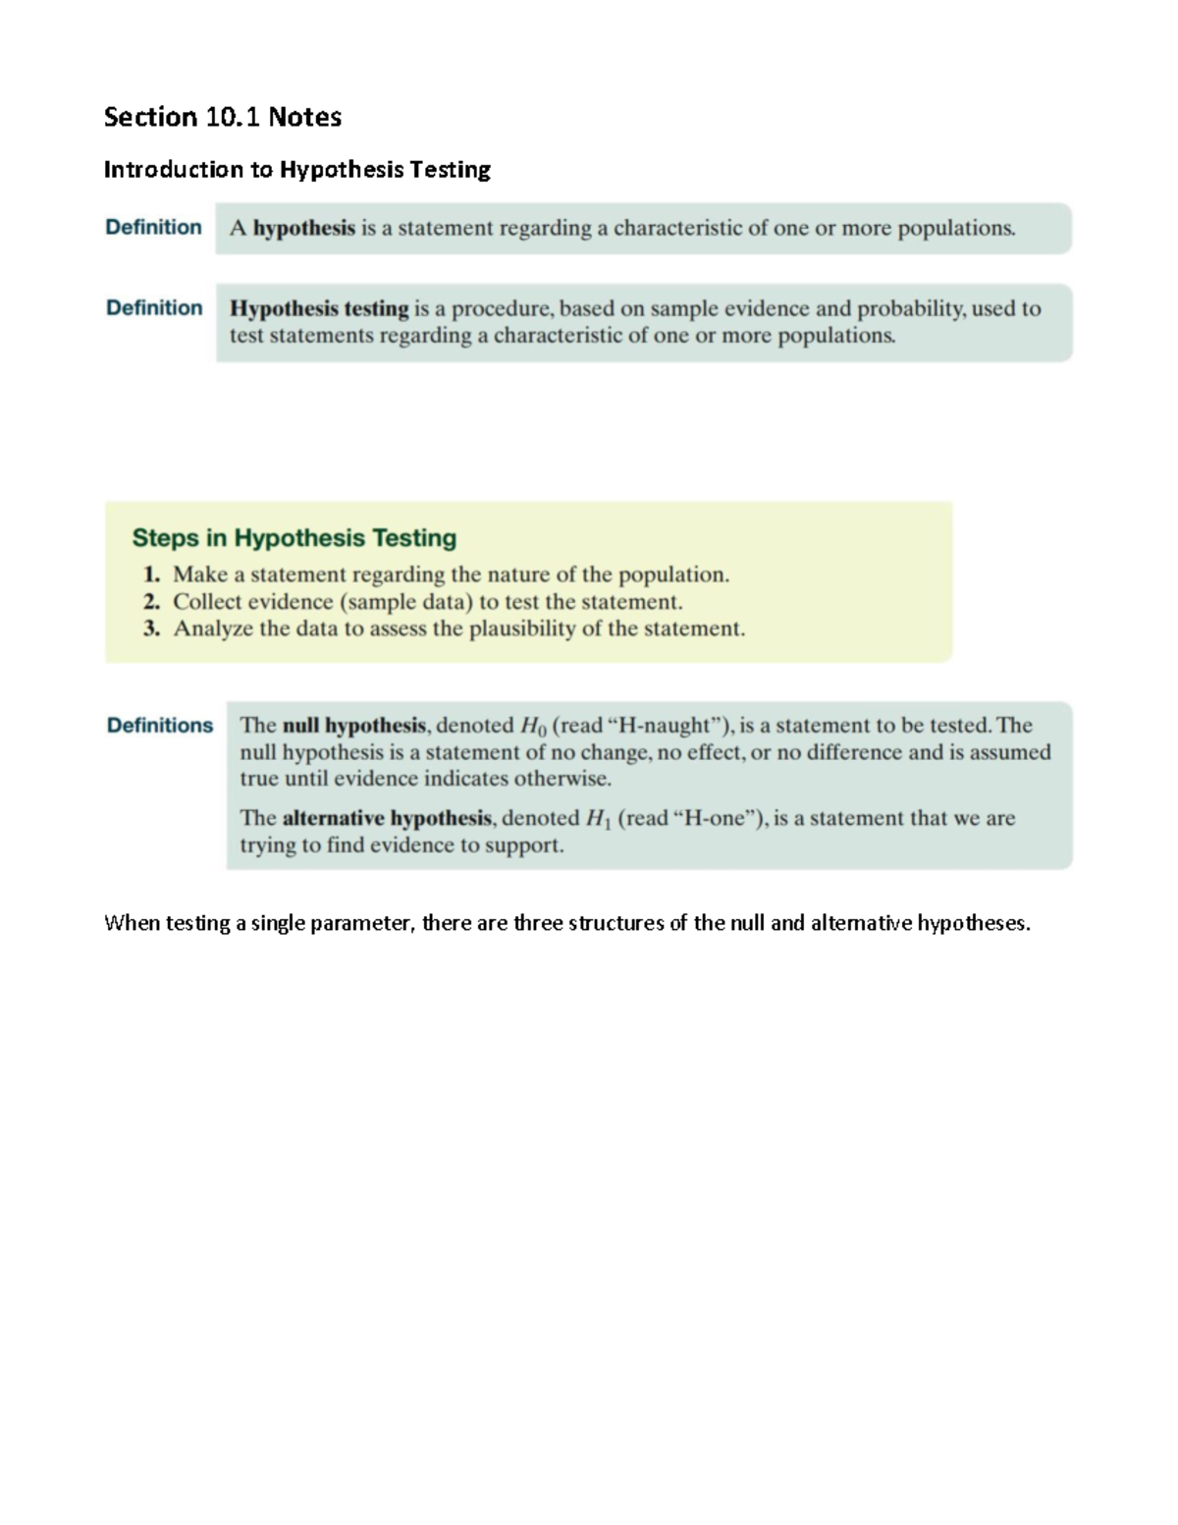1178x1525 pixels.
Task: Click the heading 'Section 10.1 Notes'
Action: click(223, 117)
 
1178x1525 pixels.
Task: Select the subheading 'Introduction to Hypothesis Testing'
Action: click(297, 170)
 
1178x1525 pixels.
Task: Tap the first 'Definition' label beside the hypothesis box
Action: click(153, 227)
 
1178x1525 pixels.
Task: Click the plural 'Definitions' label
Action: click(159, 726)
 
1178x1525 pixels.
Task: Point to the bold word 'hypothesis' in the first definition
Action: click(304, 229)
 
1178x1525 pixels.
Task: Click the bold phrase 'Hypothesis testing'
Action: click(319, 308)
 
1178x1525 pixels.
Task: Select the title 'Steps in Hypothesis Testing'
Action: click(294, 538)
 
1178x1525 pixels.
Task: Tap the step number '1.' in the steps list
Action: click(151, 574)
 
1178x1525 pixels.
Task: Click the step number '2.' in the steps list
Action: click(151, 602)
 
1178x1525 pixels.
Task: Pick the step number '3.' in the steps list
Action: click(151, 629)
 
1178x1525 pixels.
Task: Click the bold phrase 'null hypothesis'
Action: click(353, 726)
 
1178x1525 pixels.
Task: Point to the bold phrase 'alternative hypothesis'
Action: click(387, 818)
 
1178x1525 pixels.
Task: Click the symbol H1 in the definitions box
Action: click(598, 819)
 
